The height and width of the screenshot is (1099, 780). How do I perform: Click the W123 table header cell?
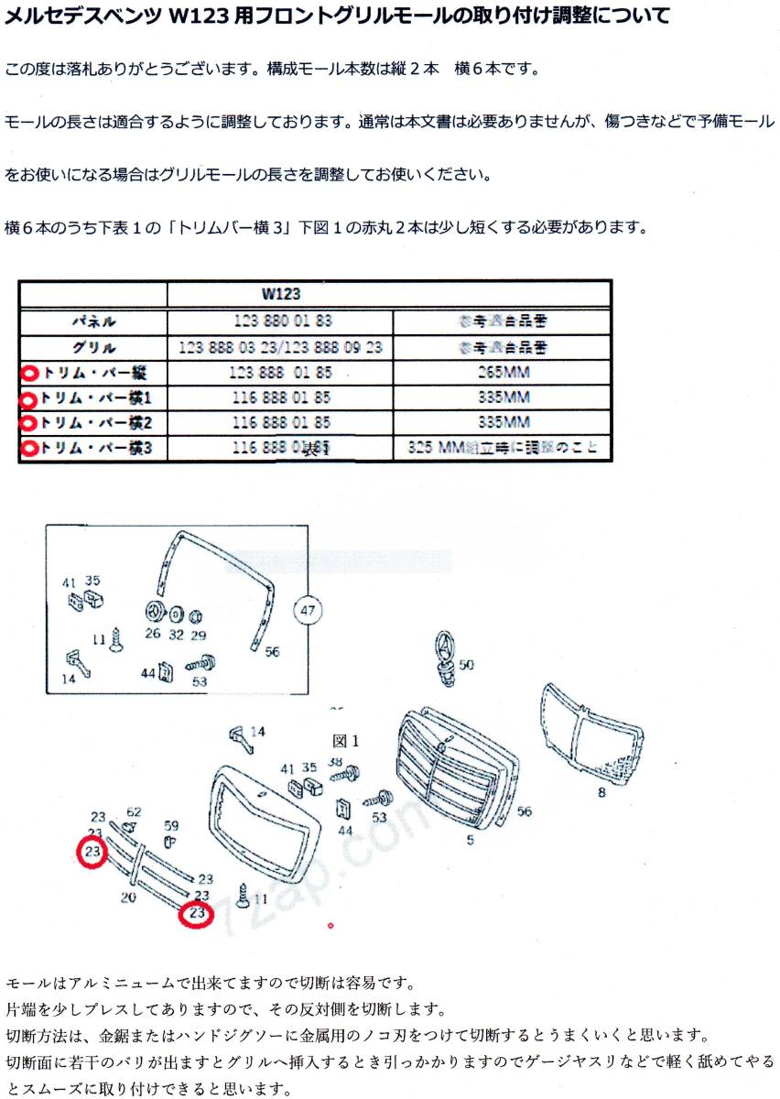click(x=280, y=296)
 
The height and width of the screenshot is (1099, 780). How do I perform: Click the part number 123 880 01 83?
click(x=280, y=321)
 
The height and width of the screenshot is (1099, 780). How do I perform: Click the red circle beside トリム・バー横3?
click(x=29, y=449)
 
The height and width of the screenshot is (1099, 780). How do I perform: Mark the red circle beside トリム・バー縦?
click(x=29, y=373)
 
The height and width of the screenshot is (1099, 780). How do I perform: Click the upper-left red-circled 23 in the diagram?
click(x=92, y=852)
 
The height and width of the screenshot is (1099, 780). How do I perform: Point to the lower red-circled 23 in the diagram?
click(x=196, y=913)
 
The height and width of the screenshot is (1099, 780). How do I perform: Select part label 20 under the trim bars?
click(x=127, y=897)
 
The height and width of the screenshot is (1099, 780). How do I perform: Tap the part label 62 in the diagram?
click(x=134, y=811)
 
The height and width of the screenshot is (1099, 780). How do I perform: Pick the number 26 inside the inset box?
click(x=152, y=633)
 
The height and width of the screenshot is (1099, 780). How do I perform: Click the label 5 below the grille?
click(x=470, y=840)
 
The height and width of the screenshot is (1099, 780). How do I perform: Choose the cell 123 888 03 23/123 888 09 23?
click(x=280, y=347)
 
